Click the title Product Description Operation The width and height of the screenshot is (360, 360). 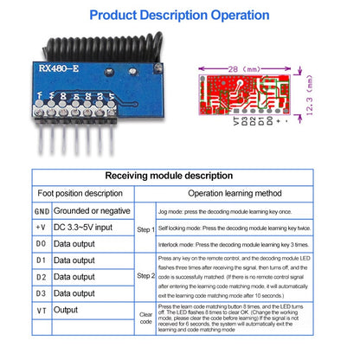179,16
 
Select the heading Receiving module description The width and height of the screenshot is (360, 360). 180,176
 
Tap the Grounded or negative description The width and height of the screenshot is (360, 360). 92,210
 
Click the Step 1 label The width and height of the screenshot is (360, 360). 145,228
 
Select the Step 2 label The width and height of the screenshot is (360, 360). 145,275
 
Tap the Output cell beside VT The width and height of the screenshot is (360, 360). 66,310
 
